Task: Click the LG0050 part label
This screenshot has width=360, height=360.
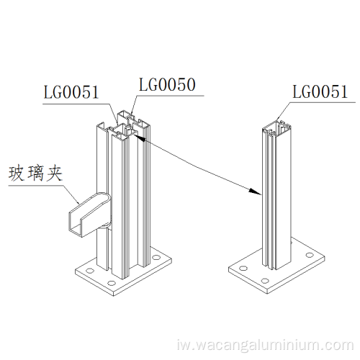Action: [167, 85]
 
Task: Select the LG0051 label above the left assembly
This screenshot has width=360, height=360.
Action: [71, 92]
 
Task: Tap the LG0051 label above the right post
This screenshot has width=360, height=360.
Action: [320, 91]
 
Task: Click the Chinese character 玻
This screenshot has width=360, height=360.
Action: [17, 174]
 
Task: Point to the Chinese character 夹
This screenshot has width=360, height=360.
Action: [55, 174]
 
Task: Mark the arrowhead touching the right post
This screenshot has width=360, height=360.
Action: [255, 192]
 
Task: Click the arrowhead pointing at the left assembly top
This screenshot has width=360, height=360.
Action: [140, 138]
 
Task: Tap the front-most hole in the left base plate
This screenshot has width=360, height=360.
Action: [111, 283]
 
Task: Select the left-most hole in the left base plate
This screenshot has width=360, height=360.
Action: [90, 271]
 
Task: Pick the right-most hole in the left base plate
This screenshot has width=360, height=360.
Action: [156, 257]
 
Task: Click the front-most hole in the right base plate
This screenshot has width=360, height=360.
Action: [265, 281]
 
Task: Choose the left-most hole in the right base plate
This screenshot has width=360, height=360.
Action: [243, 268]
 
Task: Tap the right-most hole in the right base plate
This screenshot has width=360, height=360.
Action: [310, 255]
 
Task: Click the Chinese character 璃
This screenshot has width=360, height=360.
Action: [35, 174]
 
